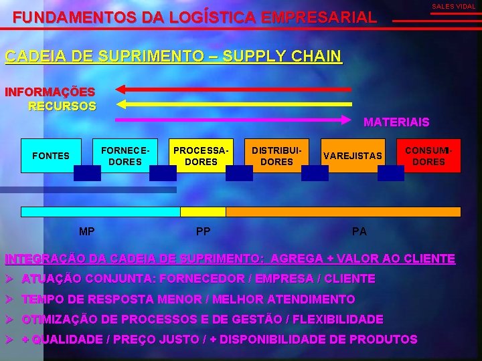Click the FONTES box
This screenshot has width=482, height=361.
pyautogui.click(x=51, y=156)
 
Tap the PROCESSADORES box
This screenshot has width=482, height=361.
pyautogui.click(x=201, y=156)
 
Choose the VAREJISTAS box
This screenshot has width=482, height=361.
pyautogui.click(x=353, y=156)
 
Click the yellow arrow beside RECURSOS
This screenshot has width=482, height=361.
pyautogui.click(x=234, y=104)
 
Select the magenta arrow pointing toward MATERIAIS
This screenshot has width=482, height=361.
pyautogui.click(x=234, y=120)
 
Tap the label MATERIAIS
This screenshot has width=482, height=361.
pyautogui.click(x=396, y=122)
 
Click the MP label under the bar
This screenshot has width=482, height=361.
pyautogui.click(x=86, y=232)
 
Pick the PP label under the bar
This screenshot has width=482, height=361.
pyautogui.click(x=204, y=232)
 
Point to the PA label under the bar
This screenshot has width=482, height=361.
pyautogui.click(x=359, y=232)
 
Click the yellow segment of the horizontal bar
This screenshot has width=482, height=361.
pyautogui.click(x=203, y=212)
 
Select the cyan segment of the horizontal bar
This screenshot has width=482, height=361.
pyautogui.click(x=100, y=212)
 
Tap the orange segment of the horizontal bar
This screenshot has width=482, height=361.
pyautogui.click(x=343, y=212)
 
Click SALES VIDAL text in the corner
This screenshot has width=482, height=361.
pyautogui.click(x=453, y=7)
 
